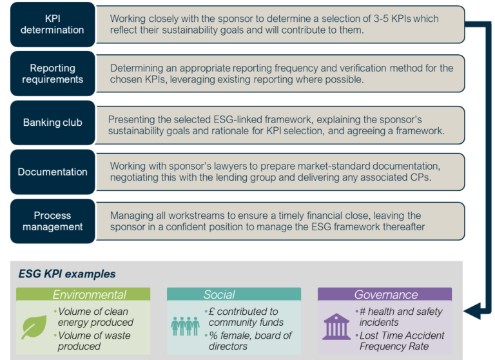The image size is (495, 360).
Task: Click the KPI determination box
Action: pos(52,25)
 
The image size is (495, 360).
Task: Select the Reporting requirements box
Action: pos(52,74)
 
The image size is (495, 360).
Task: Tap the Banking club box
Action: pos(52,123)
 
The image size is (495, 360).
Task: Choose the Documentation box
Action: pos(52,172)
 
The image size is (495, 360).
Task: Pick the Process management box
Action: pos(52,221)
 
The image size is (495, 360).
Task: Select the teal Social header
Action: pos(219,295)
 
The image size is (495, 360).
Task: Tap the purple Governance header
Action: pos(385,295)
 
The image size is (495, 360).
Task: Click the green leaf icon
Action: pos(34,326)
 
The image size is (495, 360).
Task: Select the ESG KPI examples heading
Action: pos(67,274)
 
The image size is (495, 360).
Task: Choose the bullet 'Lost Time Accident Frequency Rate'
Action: pos(403,341)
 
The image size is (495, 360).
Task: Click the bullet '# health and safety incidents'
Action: pos(400,317)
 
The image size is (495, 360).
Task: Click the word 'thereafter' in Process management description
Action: pos(402,226)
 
